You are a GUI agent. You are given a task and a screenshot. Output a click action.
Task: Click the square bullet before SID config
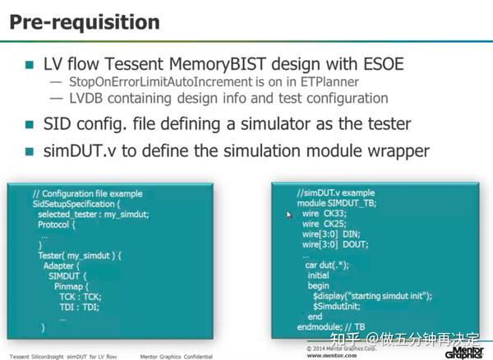(x=30, y=125)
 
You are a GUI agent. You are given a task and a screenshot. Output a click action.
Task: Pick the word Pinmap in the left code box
(x=69, y=286)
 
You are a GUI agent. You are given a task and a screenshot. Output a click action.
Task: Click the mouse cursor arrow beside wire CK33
(x=288, y=214)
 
